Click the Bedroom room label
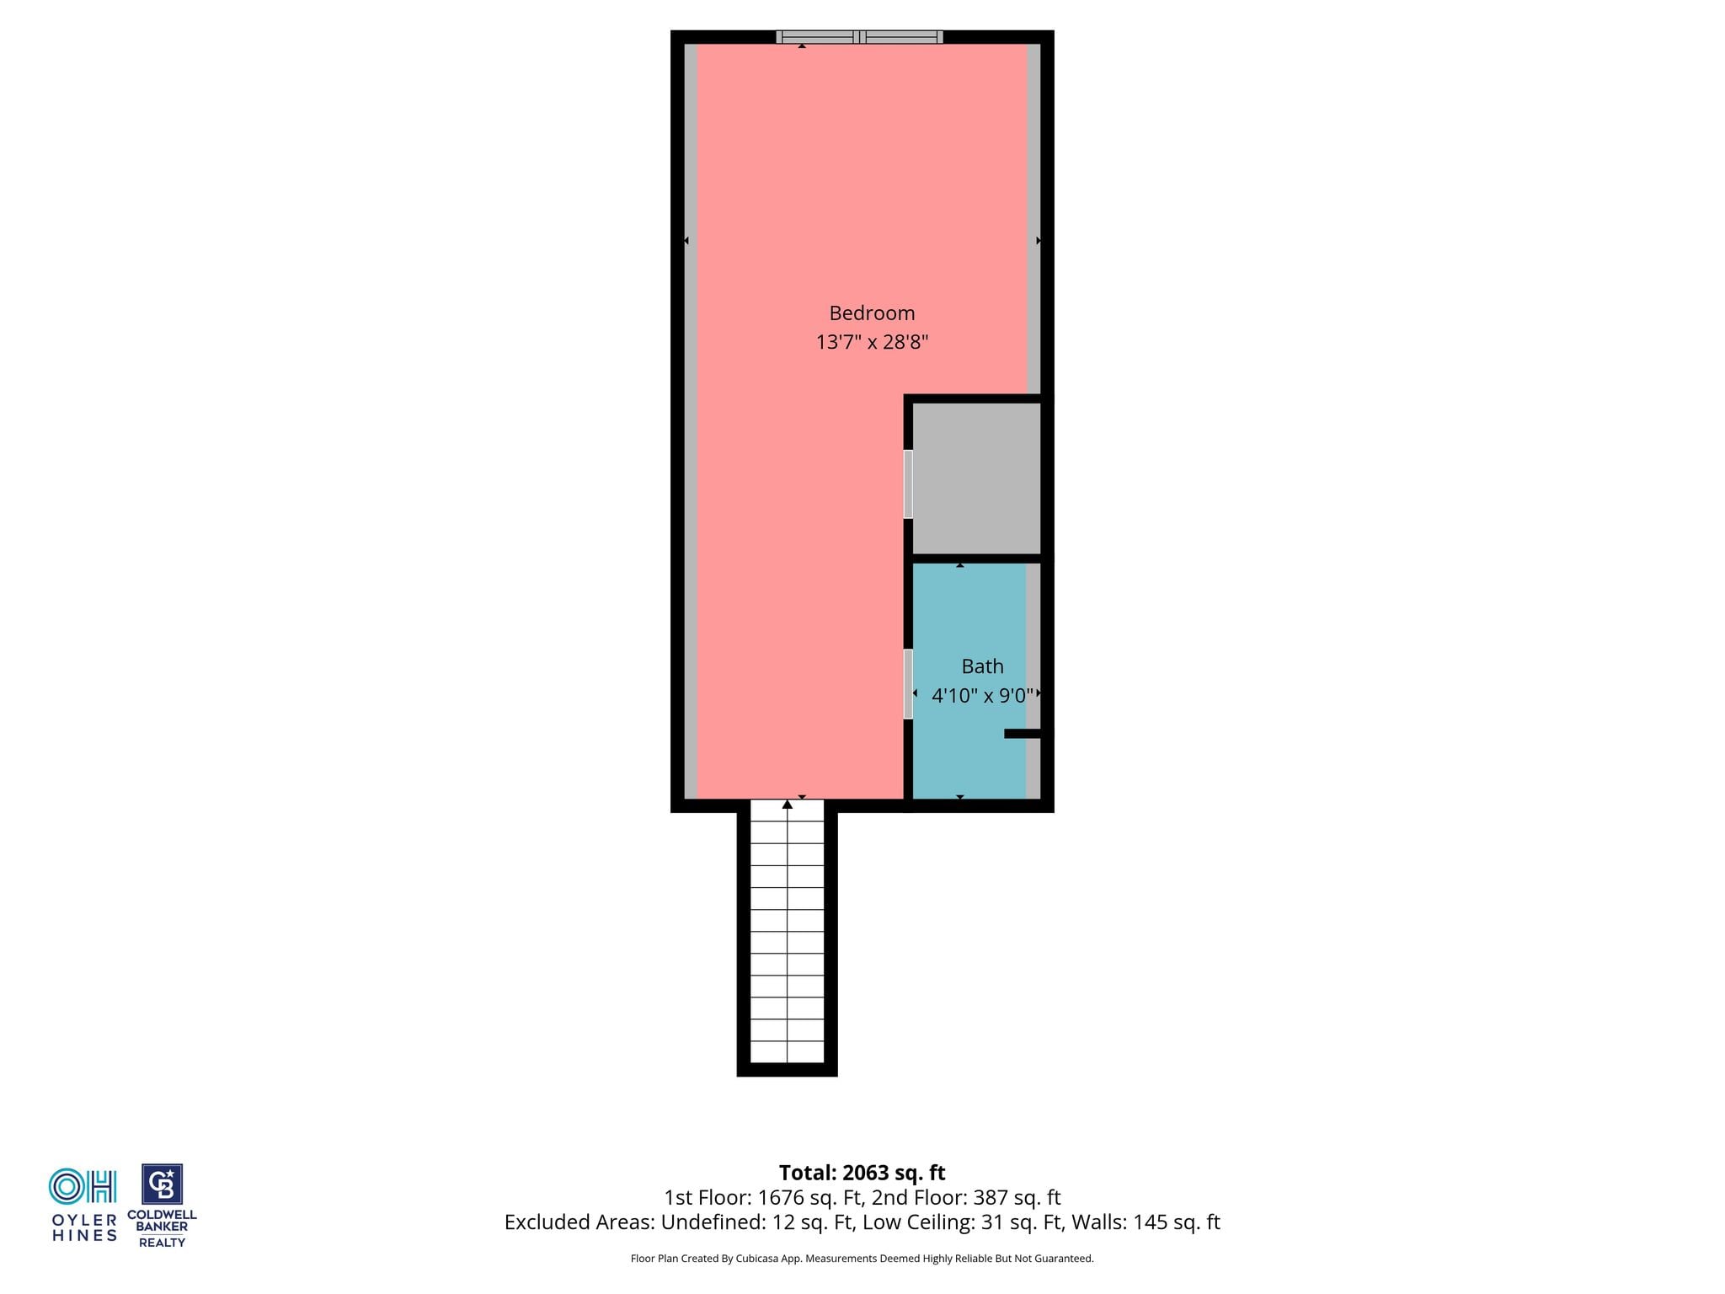(x=872, y=313)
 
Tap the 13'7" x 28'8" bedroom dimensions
(x=872, y=342)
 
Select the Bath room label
(x=982, y=666)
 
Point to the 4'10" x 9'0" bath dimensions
(x=982, y=696)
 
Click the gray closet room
(x=977, y=479)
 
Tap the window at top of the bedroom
(x=859, y=37)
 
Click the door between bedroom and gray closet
(x=908, y=484)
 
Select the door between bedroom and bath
(x=908, y=684)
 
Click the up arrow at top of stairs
(x=788, y=805)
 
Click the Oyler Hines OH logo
(x=83, y=1186)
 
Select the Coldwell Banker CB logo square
(x=162, y=1184)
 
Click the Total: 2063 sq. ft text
(x=862, y=1173)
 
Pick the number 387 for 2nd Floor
(x=991, y=1197)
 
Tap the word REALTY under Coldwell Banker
(x=162, y=1243)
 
